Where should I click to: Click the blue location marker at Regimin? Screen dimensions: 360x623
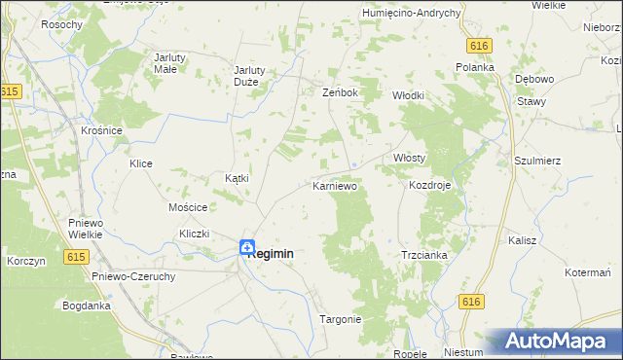(x=247, y=248)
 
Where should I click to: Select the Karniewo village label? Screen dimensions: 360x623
(x=335, y=185)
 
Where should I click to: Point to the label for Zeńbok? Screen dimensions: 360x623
(x=341, y=92)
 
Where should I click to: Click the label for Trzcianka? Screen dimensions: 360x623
(x=424, y=255)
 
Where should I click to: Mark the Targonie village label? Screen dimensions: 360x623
(x=341, y=319)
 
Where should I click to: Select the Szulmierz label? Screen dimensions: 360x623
(x=537, y=161)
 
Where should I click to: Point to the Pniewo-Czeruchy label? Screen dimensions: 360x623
(x=133, y=276)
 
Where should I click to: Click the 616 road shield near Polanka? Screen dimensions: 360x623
(x=477, y=46)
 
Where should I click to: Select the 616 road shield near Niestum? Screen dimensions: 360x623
(x=472, y=303)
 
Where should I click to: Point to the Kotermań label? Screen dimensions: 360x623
(x=587, y=272)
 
